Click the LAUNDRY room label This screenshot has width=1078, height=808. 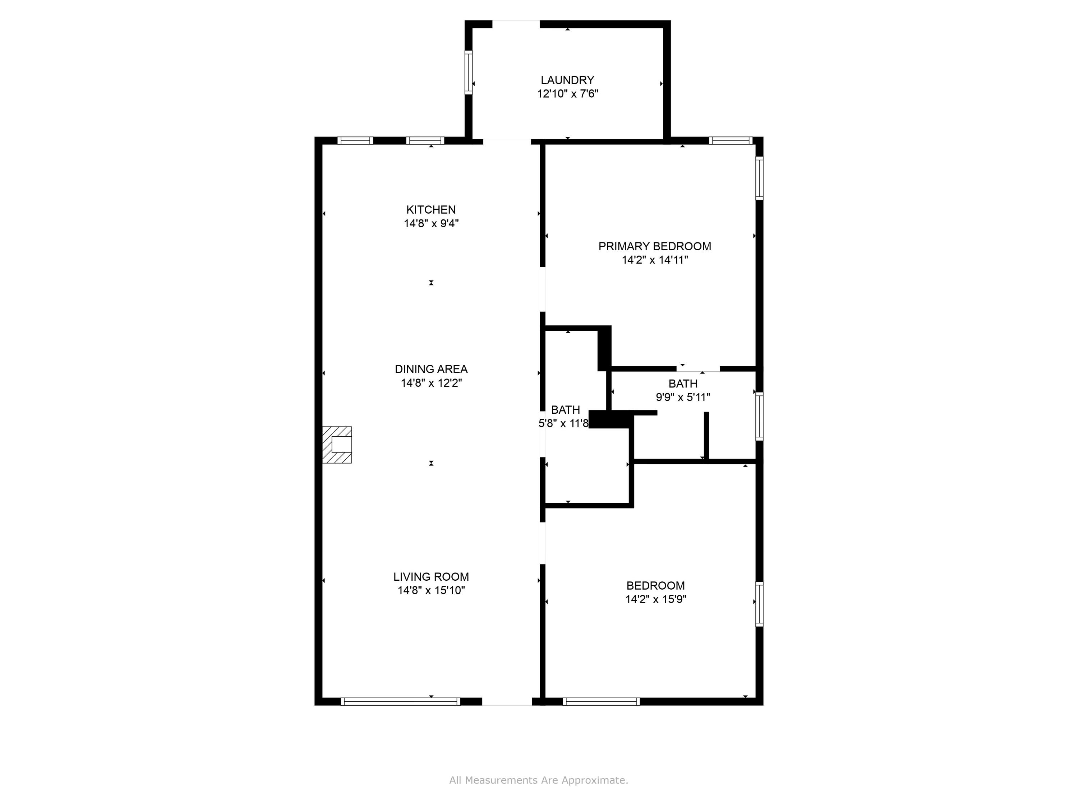click(567, 80)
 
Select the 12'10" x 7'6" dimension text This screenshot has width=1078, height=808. click(567, 93)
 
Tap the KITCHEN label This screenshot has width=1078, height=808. click(431, 210)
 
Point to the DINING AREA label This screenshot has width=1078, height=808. click(431, 369)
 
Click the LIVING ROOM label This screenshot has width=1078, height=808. click(431, 577)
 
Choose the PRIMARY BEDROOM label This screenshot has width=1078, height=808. click(654, 246)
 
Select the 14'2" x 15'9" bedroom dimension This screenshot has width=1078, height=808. click(655, 599)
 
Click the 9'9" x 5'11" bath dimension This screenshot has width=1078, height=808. click(682, 397)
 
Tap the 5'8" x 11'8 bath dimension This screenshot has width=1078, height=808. click(563, 423)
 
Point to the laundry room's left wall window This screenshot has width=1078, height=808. click(468, 72)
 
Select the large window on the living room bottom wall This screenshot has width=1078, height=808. click(400, 701)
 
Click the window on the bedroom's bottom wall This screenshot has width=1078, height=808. click(601, 701)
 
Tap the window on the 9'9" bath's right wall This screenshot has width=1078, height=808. click(759, 417)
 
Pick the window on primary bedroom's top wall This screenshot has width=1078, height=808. click(730, 141)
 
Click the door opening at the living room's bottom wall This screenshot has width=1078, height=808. click(507, 702)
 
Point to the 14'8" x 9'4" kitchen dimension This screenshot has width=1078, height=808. click(431, 224)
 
